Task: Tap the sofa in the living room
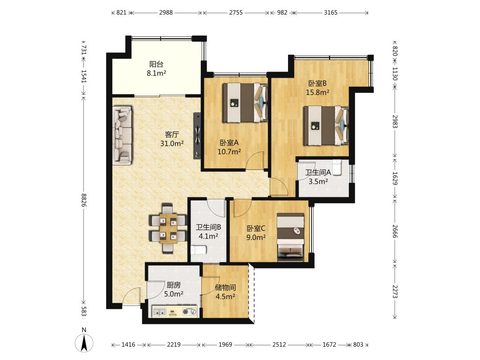123,135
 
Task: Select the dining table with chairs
168,228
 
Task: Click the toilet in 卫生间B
198,250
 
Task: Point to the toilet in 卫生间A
337,168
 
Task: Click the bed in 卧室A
245,103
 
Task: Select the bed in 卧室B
326,125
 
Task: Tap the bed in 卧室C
290,237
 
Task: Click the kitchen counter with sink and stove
175,312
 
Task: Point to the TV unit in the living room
197,136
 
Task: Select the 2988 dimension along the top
166,12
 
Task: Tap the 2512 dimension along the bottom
279,345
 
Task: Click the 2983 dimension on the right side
395,122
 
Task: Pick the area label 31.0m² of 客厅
172,143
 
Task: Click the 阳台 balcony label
156,64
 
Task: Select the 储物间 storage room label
225,288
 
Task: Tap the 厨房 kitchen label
174,285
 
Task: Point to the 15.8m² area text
318,92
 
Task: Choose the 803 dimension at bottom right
358,345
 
